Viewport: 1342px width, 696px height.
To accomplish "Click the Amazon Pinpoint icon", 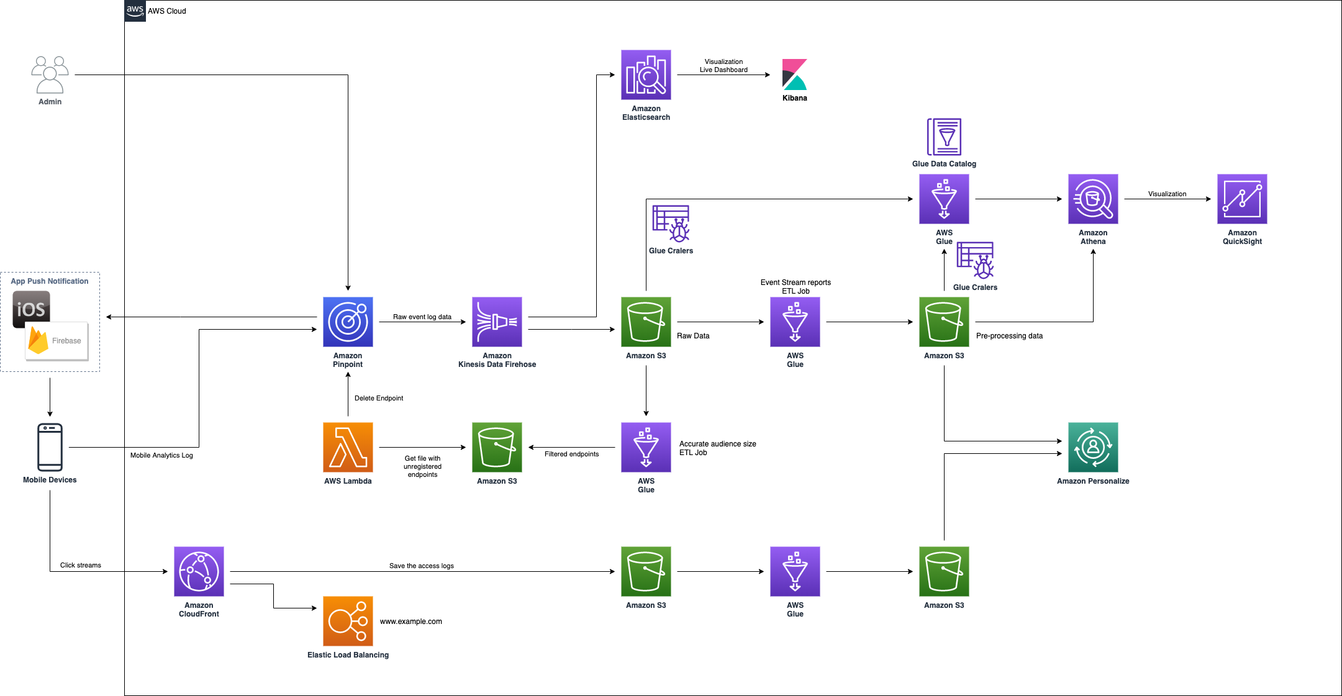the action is pos(348,322).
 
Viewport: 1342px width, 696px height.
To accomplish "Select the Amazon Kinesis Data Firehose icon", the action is pos(497,322).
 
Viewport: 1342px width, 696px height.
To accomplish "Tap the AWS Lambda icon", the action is pos(348,447).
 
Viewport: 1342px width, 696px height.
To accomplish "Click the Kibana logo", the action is pos(795,75).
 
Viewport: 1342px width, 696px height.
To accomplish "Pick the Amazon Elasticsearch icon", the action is pos(646,75).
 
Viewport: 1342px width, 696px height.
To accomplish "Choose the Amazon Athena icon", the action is pos(1093,199).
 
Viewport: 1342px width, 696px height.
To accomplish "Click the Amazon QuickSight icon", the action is pos(1242,199).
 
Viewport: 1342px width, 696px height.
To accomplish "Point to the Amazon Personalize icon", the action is pos(1093,447).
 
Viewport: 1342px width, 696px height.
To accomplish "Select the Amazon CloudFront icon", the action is pos(199,571).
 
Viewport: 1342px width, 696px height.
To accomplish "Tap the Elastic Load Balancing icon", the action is pos(348,621).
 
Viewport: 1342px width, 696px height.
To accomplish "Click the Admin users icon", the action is pos(50,75).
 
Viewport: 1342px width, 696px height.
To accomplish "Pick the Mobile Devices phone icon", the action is pos(50,447).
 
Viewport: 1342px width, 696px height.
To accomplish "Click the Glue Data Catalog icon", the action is pos(944,137).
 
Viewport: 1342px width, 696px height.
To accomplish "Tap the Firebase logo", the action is pos(57,341).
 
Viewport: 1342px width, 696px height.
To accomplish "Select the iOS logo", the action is pos(31,309).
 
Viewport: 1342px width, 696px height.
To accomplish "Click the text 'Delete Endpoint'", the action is pos(379,398).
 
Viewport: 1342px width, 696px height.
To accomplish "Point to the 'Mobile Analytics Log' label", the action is pos(161,455).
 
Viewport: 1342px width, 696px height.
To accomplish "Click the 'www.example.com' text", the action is pos(411,621).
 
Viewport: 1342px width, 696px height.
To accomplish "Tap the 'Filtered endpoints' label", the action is pos(571,454).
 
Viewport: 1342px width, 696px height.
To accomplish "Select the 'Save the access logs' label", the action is pos(422,566).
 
